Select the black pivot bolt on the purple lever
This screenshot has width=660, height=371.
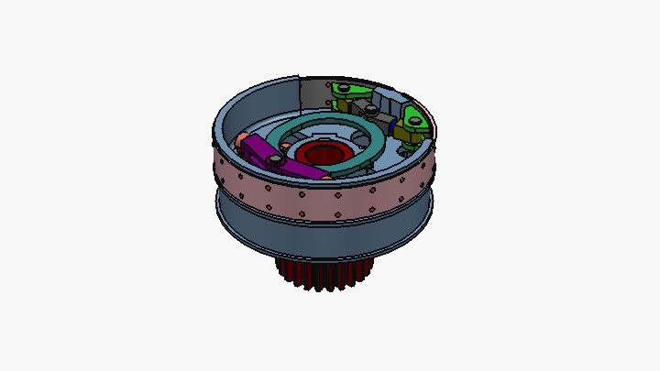[273, 160]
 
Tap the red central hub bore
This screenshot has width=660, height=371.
[322, 153]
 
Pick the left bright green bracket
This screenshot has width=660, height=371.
[348, 90]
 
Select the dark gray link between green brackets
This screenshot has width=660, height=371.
[381, 114]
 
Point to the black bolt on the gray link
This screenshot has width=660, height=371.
[369, 108]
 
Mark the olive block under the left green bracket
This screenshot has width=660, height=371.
[341, 103]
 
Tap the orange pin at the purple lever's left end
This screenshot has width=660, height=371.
[242, 137]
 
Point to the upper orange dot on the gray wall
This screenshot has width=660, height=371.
[327, 85]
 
